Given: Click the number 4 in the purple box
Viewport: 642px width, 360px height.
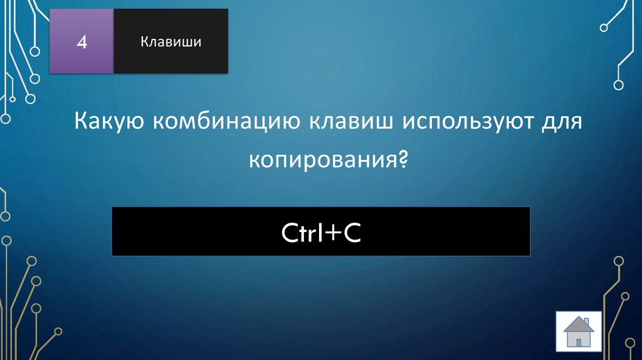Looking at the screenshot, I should pos(82,42).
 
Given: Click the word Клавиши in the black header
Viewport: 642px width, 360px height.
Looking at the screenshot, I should pos(171,42).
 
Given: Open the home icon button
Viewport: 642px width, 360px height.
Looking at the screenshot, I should pos(579,331).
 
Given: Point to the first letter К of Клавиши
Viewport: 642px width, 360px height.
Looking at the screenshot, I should pos(144,42).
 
